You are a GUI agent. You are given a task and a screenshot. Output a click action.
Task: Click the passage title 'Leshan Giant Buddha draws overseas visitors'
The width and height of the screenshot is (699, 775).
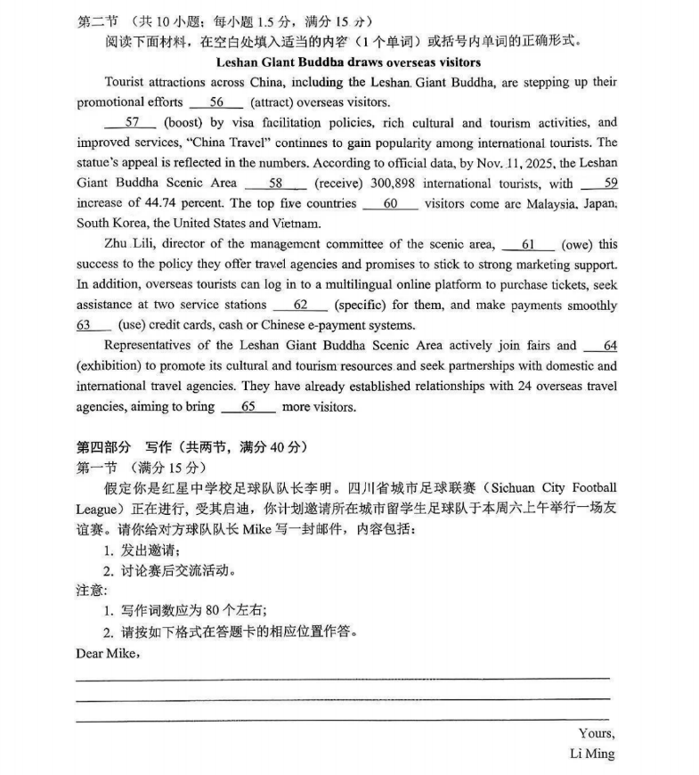(348, 62)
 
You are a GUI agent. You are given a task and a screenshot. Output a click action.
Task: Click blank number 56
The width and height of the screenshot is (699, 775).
(215, 102)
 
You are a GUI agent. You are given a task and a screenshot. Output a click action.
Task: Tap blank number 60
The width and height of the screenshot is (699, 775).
(390, 204)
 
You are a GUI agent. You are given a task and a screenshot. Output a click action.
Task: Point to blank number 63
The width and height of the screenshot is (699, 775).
(85, 325)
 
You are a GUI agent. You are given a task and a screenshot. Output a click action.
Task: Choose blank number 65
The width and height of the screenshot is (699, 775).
(248, 407)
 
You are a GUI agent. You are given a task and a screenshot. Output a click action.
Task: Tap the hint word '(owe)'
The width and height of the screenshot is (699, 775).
(577, 244)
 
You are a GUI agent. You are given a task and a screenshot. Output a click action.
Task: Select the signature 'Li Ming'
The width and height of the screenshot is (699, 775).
(591, 754)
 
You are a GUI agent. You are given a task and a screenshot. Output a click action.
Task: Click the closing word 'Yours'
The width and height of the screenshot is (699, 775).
(596, 733)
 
